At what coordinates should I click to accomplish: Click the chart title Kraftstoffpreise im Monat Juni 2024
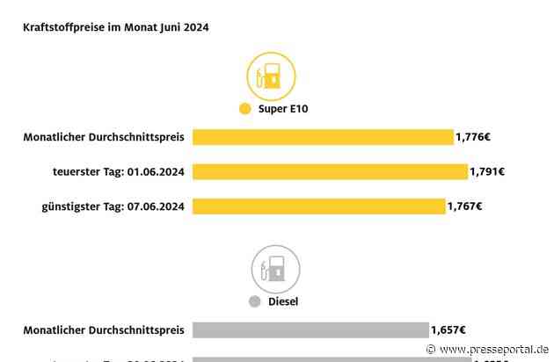click(x=115, y=28)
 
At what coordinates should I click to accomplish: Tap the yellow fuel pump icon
click(x=272, y=76)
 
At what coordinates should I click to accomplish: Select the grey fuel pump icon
click(x=275, y=269)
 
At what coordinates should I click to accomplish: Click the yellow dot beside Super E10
click(x=244, y=110)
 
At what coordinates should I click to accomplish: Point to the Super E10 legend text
click(x=284, y=110)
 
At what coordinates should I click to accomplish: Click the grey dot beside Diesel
click(x=254, y=301)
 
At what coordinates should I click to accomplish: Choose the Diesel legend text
click(x=284, y=301)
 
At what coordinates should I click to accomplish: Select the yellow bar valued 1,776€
click(x=323, y=136)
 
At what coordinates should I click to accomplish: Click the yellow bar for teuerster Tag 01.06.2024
click(x=330, y=171)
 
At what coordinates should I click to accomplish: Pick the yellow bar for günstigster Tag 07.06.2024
click(x=319, y=206)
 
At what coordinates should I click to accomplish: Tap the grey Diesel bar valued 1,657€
click(x=310, y=329)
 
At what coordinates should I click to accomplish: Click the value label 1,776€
click(x=473, y=136)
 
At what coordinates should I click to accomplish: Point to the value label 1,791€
click(x=487, y=171)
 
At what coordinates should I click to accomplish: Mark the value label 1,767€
click(x=465, y=206)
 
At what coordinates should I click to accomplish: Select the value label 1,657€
click(x=448, y=329)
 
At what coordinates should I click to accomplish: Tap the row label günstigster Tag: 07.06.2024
click(x=112, y=206)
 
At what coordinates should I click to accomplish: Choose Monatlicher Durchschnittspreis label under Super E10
click(x=104, y=136)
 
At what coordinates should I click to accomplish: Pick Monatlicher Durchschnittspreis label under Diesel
click(x=104, y=329)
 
